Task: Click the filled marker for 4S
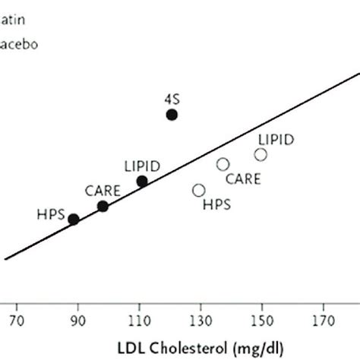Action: (x=172, y=115)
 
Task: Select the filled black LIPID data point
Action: (x=142, y=181)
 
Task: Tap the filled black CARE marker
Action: (x=103, y=206)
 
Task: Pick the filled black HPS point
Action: (x=74, y=219)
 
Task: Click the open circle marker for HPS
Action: (x=199, y=190)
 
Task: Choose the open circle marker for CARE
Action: (x=223, y=164)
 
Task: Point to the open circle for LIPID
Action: (x=261, y=154)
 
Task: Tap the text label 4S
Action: (x=172, y=98)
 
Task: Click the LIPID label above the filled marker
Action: (x=142, y=166)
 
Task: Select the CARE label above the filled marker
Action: (x=101, y=190)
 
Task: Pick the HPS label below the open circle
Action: (x=216, y=204)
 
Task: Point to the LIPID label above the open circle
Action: (x=276, y=139)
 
